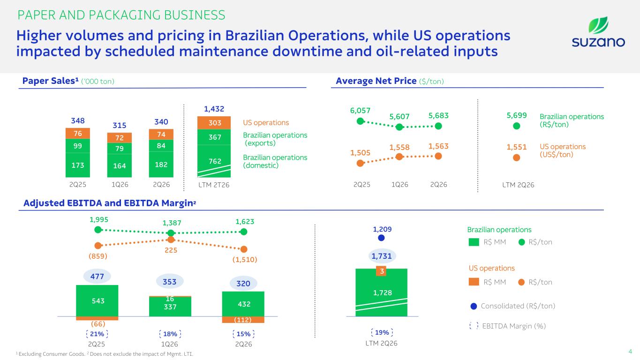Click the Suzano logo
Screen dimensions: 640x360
(x=598, y=32)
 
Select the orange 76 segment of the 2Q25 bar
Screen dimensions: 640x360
(x=78, y=134)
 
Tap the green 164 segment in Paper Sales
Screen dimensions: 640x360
(x=120, y=166)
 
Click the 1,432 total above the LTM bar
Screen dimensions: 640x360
(x=214, y=109)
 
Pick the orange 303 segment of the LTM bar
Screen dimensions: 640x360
(x=214, y=123)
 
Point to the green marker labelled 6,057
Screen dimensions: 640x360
(x=360, y=121)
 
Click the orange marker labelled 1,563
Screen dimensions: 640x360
(x=438, y=156)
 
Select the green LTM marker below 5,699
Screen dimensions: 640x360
(x=517, y=126)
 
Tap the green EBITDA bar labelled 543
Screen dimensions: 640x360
(x=97, y=300)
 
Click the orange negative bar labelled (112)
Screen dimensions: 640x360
(x=243, y=320)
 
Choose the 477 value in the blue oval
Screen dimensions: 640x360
(x=97, y=276)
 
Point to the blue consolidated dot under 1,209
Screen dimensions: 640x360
(x=381, y=238)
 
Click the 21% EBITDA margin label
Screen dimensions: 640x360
(x=97, y=334)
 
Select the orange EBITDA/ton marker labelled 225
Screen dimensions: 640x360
(x=171, y=240)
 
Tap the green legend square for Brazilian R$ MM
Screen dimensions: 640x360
(x=474, y=242)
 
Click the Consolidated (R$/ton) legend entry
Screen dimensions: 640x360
(x=513, y=306)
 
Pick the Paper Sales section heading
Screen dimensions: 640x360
(x=68, y=81)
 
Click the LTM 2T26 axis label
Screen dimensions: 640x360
(x=214, y=185)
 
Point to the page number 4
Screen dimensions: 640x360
(x=630, y=352)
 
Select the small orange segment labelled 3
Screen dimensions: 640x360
(x=381, y=271)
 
